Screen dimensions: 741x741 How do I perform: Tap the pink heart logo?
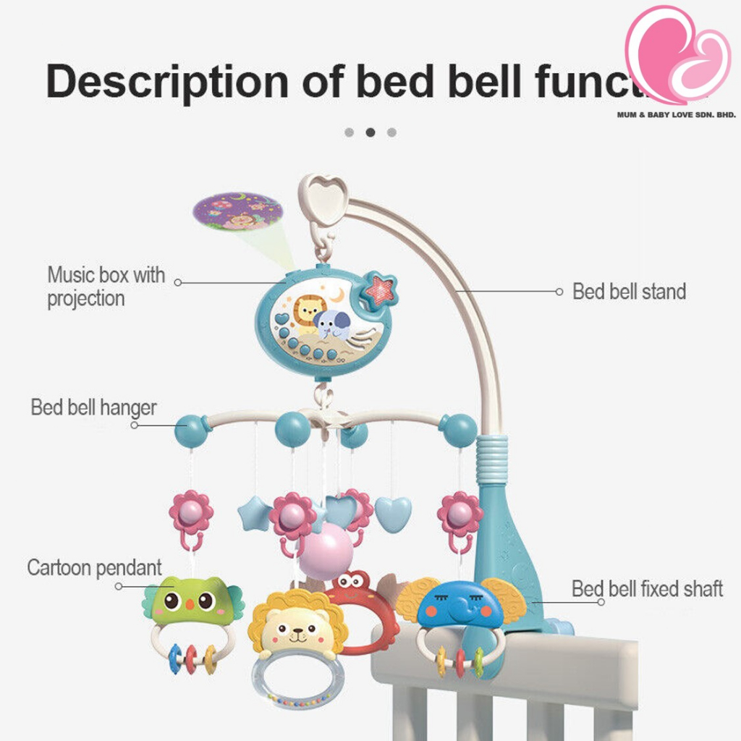pyautogui.click(x=677, y=55)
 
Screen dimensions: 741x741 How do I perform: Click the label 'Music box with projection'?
pyautogui.click(x=106, y=286)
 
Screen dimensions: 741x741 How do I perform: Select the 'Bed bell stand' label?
pyautogui.click(x=629, y=292)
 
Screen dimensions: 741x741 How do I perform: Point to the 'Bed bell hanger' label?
pyautogui.click(x=93, y=407)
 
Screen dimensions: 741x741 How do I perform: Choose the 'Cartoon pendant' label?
pyautogui.click(x=94, y=567)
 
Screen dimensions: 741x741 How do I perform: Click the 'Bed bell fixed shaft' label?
pyautogui.click(x=647, y=588)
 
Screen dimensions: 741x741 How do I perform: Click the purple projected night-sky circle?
pyautogui.click(x=237, y=211)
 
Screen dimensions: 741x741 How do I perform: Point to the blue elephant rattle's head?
pyautogui.click(x=460, y=604)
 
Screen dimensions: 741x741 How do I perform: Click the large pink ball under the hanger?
pyautogui.click(x=326, y=551)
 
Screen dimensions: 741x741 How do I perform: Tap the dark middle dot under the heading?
pyautogui.click(x=370, y=132)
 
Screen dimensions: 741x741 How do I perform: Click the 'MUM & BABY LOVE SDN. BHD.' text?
pyautogui.click(x=676, y=114)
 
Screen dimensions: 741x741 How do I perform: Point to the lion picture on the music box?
pyautogui.click(x=308, y=312)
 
